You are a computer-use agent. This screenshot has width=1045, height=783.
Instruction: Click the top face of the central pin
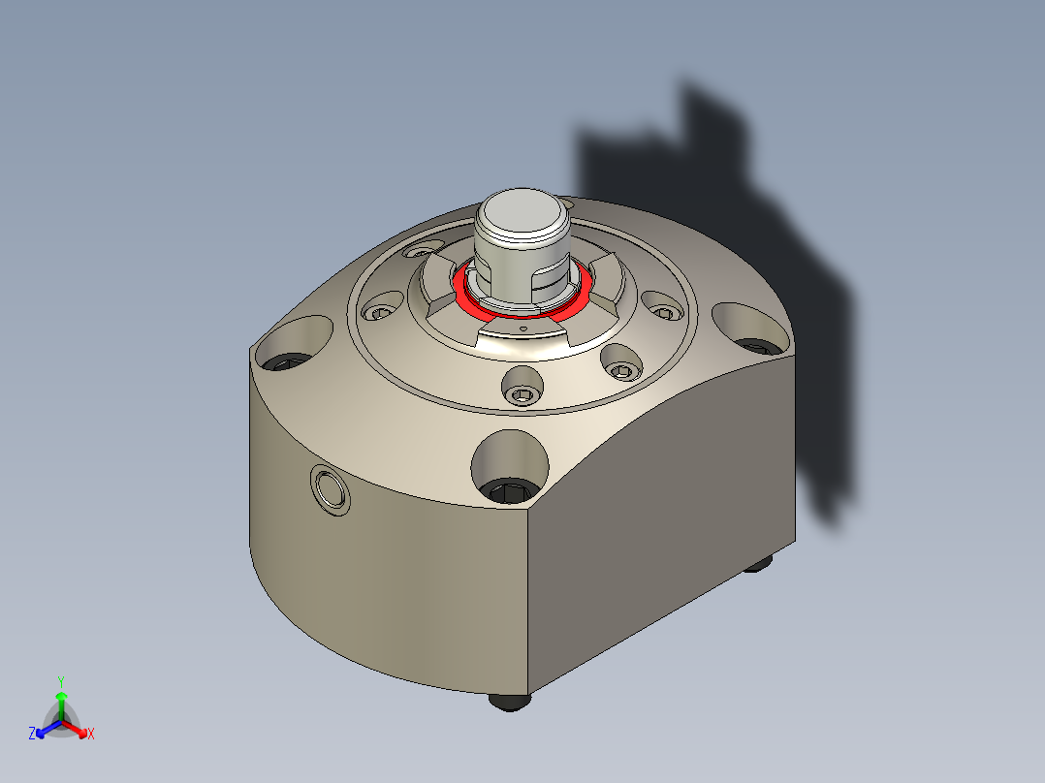[523, 210]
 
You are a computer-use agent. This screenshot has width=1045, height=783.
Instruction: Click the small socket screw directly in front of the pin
[522, 393]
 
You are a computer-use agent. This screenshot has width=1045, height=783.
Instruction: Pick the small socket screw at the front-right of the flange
[622, 368]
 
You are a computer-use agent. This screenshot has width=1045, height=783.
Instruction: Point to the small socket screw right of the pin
[663, 312]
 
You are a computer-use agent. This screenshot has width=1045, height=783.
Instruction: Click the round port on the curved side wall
[330, 488]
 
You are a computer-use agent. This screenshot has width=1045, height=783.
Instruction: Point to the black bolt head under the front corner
[510, 701]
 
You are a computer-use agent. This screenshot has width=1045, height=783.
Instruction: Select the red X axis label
[91, 735]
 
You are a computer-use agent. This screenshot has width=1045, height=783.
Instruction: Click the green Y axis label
[61, 681]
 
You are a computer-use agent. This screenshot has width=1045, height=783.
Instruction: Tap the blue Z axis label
[32, 734]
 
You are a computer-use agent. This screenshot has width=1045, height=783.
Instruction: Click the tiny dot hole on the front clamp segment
[523, 329]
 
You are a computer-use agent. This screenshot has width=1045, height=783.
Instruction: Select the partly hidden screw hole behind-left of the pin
[420, 251]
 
